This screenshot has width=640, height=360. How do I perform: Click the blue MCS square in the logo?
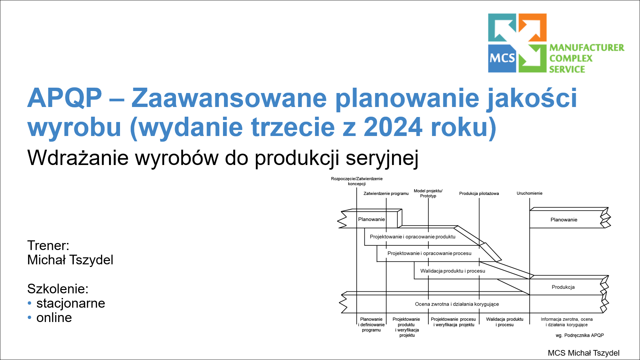[x=502, y=58]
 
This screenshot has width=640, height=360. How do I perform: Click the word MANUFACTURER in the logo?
[x=587, y=48]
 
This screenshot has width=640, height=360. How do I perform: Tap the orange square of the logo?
[x=533, y=27]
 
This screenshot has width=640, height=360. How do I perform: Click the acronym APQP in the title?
[x=65, y=98]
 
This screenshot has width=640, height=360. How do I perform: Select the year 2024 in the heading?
[x=393, y=127]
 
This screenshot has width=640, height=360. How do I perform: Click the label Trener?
[x=48, y=246]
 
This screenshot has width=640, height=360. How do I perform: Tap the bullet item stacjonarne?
[x=71, y=303]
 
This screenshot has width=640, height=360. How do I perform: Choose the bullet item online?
[x=54, y=318]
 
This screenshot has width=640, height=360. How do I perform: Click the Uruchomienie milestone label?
[x=529, y=193]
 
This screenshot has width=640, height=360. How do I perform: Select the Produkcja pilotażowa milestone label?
[x=479, y=193]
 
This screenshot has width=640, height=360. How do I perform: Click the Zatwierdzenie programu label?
[x=386, y=193]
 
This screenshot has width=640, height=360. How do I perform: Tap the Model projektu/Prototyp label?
[x=428, y=193]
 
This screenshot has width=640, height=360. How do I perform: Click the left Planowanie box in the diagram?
[x=371, y=219]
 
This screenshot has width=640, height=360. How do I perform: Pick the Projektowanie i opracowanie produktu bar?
[x=412, y=237]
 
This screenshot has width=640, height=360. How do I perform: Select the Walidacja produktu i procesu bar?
[x=452, y=271]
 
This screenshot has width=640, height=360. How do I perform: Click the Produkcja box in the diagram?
[x=563, y=287]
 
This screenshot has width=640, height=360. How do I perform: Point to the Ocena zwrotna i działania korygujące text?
[x=457, y=304]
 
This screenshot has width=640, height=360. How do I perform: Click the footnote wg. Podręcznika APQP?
[x=579, y=335]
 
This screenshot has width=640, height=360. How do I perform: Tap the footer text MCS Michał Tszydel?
[x=583, y=353]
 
